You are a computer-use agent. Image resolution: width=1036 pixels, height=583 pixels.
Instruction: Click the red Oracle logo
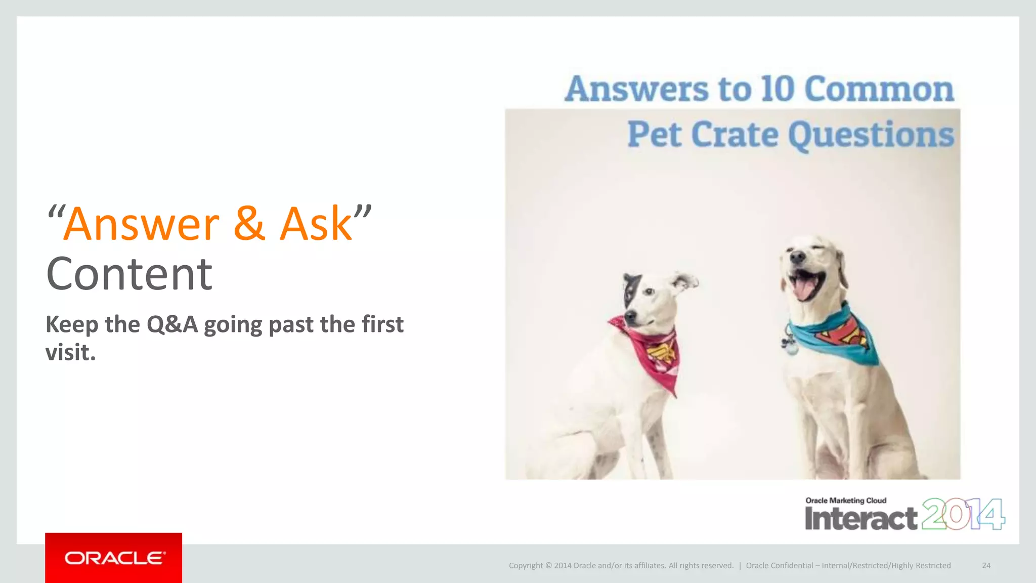(x=113, y=558)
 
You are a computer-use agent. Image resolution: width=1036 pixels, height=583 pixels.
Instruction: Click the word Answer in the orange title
(x=142, y=224)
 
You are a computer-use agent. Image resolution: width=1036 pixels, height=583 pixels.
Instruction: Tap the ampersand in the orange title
(x=249, y=224)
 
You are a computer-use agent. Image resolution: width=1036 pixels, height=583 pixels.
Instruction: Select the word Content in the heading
(x=129, y=274)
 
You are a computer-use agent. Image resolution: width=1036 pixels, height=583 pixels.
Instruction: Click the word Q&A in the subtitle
(x=172, y=324)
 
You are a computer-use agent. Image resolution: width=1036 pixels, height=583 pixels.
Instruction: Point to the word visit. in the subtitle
(x=70, y=353)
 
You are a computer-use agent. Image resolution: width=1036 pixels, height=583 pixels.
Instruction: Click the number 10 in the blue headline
(x=778, y=89)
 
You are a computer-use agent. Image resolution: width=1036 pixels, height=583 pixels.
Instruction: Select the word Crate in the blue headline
(x=735, y=135)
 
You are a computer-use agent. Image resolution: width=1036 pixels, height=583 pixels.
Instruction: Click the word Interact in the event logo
(x=860, y=519)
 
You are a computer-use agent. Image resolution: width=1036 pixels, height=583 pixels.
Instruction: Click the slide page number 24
(x=986, y=565)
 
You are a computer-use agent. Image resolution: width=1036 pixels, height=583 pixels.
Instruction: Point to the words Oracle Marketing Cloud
(x=846, y=501)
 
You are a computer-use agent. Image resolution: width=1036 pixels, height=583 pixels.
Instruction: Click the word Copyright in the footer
(x=526, y=565)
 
